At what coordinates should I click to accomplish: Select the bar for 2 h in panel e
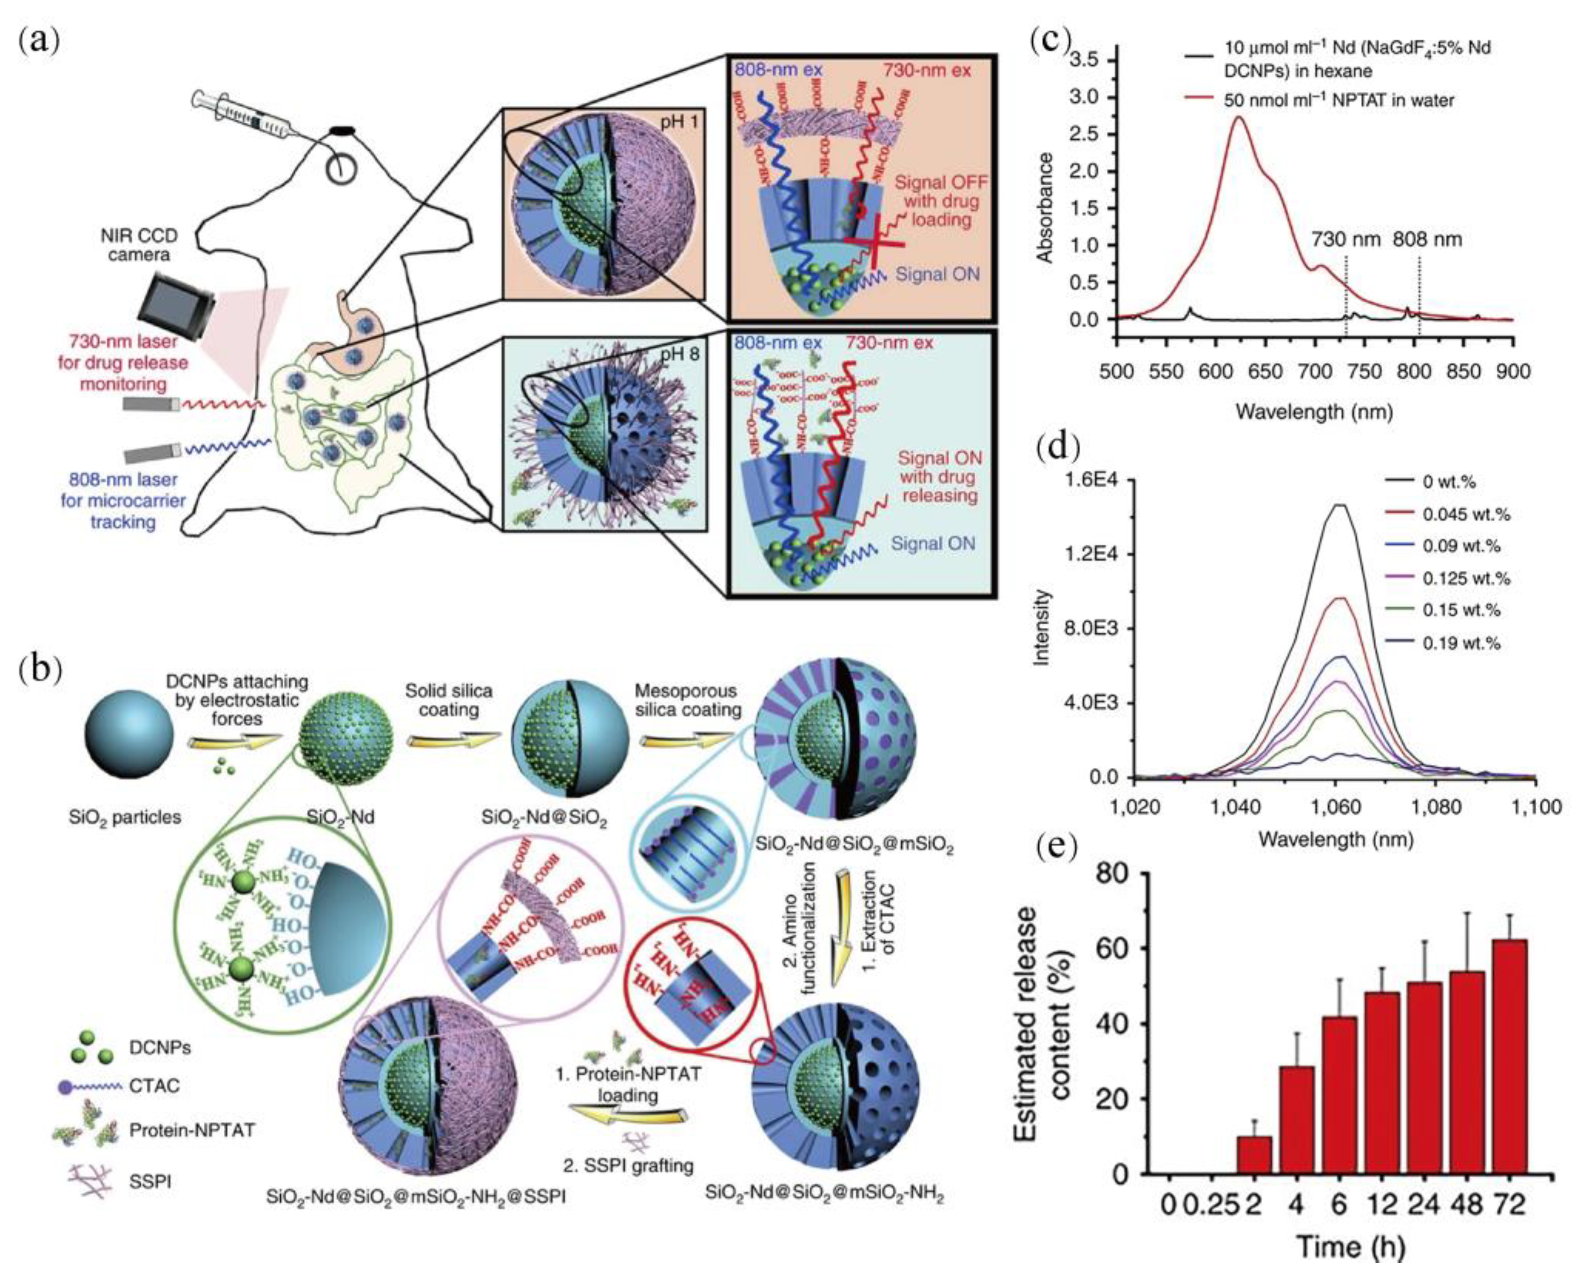1253,1156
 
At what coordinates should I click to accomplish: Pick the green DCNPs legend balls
94,1048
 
